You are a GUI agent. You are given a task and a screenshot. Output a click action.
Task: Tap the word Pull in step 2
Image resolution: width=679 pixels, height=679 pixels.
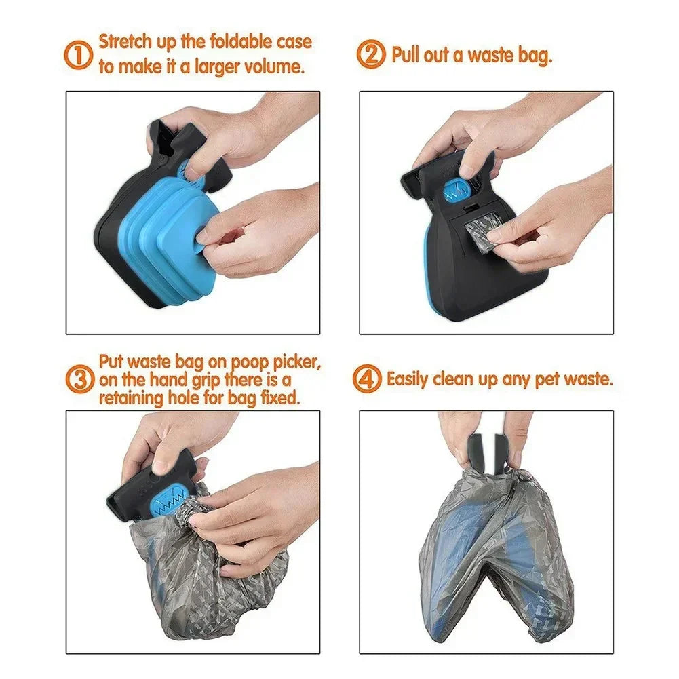tap(406, 55)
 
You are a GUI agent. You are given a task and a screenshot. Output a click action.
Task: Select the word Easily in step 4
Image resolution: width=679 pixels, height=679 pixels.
tap(408, 379)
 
